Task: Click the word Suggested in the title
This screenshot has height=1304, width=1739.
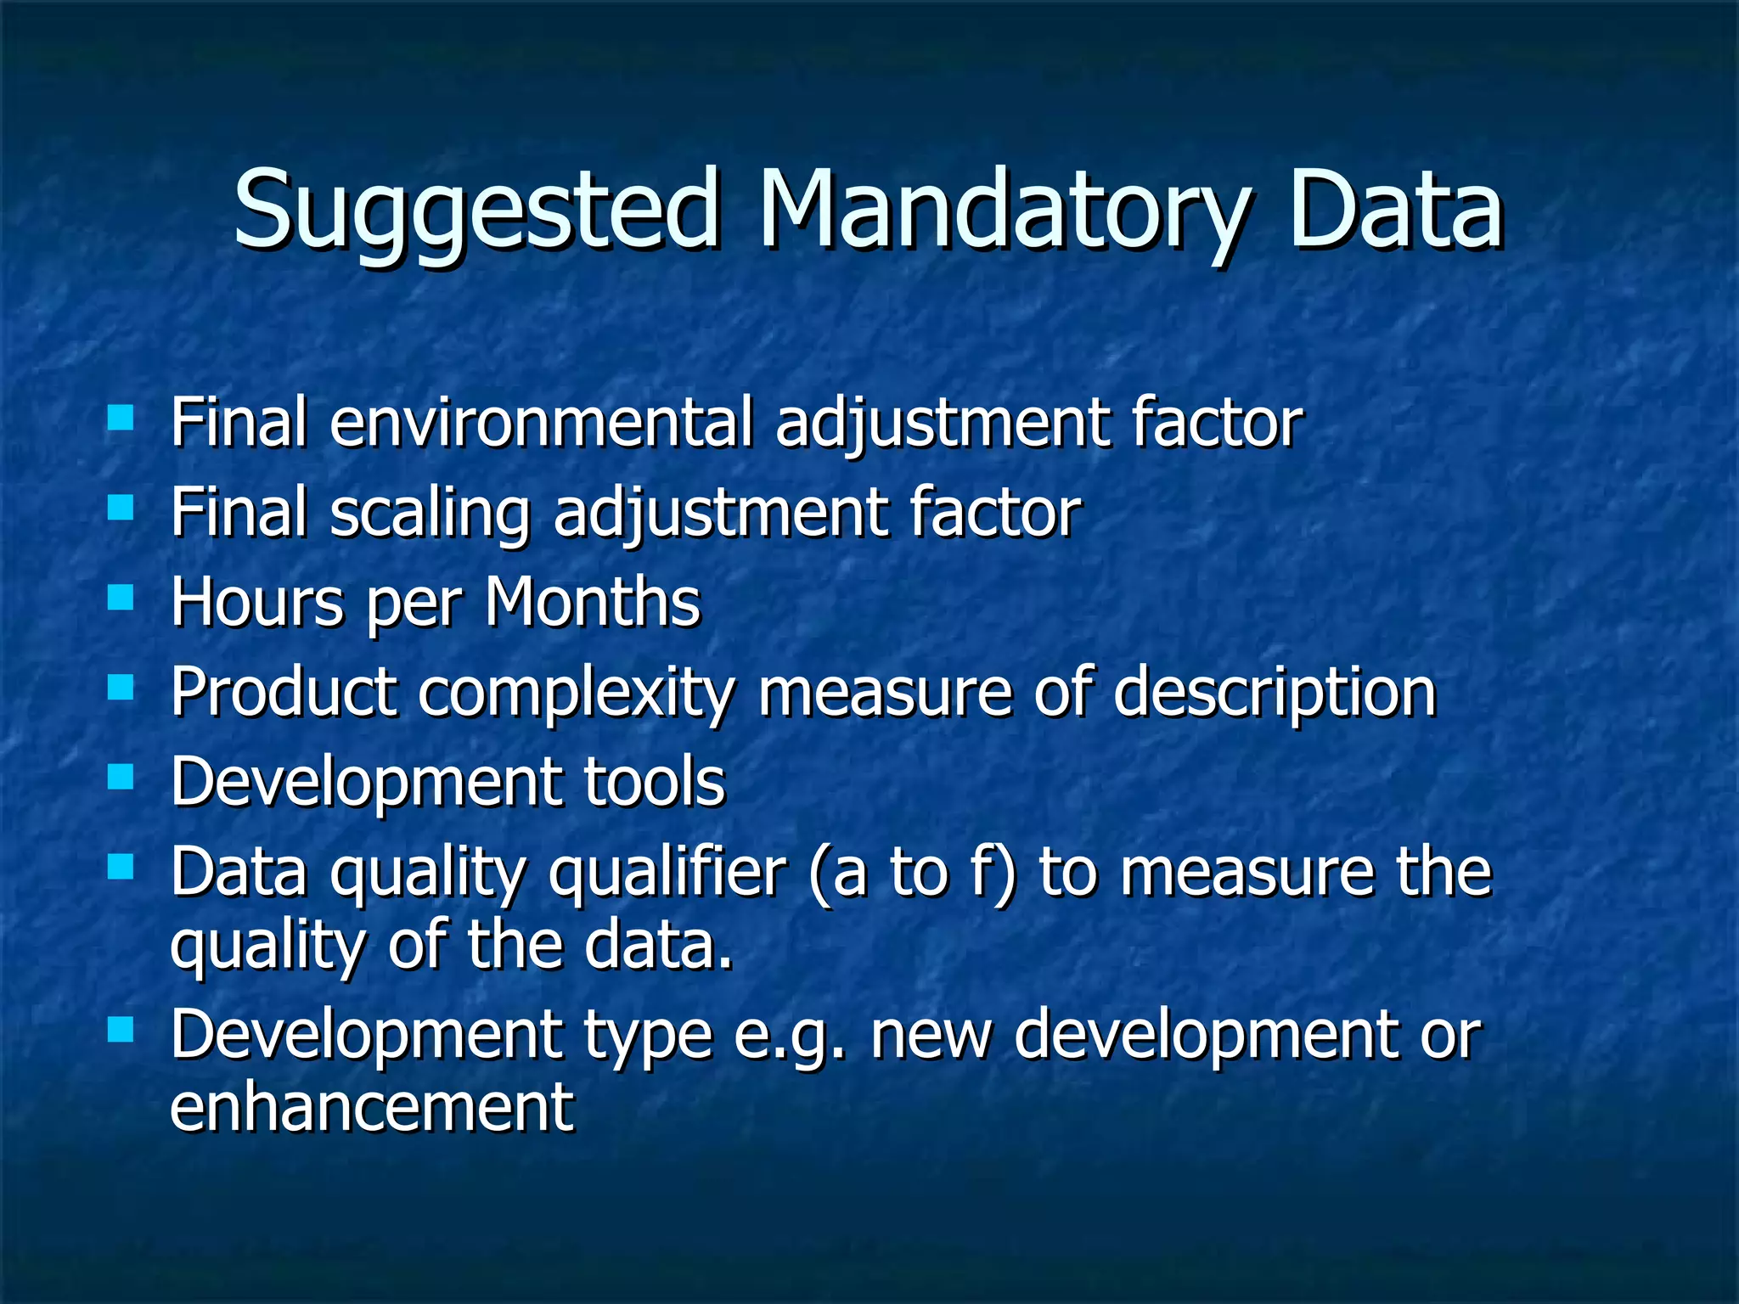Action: click(476, 211)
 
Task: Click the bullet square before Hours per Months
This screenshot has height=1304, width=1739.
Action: click(121, 598)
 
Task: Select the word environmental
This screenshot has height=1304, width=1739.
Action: click(541, 422)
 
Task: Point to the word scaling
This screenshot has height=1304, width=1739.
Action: click(430, 514)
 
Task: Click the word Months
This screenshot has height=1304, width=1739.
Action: click(593, 602)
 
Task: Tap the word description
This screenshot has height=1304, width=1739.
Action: click(1274, 693)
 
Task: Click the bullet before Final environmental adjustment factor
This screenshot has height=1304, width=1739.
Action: click(121, 418)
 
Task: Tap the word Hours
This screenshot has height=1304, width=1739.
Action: click(257, 602)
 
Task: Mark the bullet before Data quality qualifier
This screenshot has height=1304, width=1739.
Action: click(121, 868)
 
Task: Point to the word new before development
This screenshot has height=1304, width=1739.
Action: click(931, 1036)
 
